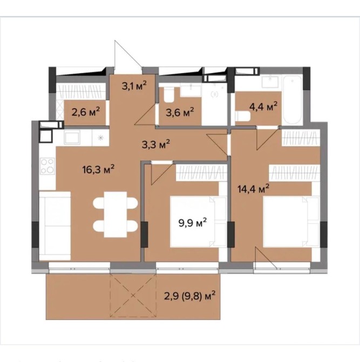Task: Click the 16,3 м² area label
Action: point(98,170)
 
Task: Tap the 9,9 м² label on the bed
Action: point(193,223)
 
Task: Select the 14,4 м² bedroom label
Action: point(254,189)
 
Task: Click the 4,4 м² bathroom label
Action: point(263,106)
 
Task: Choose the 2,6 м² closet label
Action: point(86,112)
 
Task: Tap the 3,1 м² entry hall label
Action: point(134,85)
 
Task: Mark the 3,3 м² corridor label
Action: point(156,144)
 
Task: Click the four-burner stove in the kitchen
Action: point(47,165)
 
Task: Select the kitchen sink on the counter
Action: point(72,137)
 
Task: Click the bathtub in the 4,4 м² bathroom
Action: point(292,100)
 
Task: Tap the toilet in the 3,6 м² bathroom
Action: point(169,95)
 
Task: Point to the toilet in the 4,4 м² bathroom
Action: point(243,116)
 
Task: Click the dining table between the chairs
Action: point(116,214)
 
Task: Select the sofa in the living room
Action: point(55,226)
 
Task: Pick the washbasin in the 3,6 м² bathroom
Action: point(191,90)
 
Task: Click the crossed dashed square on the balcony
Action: point(133,296)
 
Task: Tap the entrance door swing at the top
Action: point(127,54)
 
